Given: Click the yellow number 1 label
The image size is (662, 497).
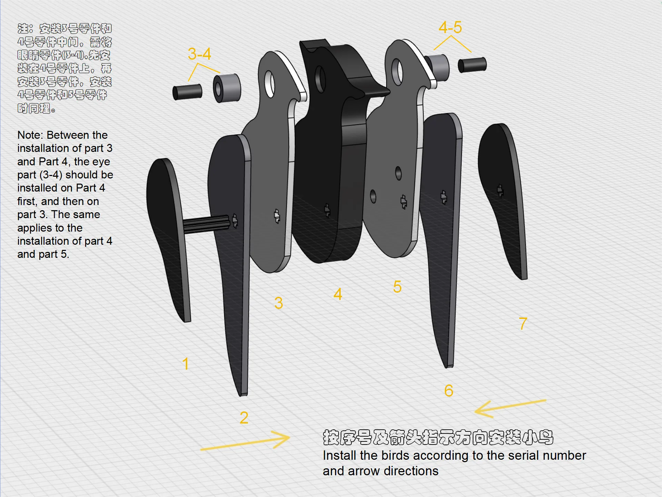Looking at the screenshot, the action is tap(185, 364).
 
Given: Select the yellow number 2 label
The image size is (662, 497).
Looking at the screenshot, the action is tap(244, 418).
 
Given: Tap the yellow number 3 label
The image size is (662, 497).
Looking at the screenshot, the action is tap(279, 303).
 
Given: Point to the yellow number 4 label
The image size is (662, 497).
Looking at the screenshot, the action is tap(338, 294).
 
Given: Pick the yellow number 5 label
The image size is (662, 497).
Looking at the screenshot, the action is tap(397, 287).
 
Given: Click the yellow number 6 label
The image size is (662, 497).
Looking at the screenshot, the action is tap(449, 391).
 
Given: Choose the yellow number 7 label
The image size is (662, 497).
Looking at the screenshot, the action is tap(523, 323).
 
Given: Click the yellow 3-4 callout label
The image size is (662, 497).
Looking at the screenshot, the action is tap(199, 54).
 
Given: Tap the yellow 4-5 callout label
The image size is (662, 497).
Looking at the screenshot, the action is tap(450, 27).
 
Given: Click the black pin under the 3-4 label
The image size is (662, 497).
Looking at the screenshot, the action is tap(187, 92).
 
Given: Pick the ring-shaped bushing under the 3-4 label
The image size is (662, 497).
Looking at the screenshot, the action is tap(227, 88).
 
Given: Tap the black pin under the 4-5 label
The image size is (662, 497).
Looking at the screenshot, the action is tap(472, 65).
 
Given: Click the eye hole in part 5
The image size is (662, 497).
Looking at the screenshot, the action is tap(398, 72).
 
